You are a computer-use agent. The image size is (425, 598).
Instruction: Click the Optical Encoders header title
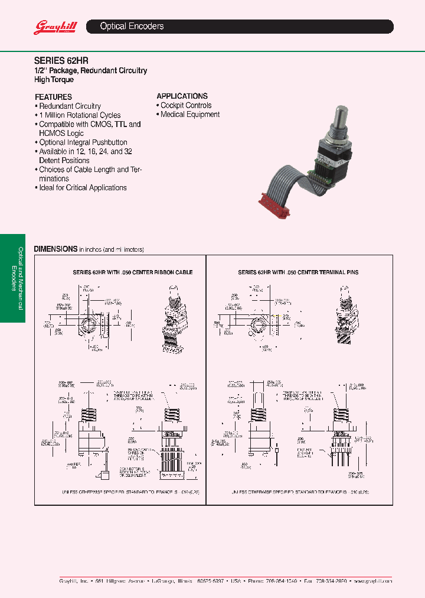point(132,27)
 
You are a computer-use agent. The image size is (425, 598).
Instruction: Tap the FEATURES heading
point(53,97)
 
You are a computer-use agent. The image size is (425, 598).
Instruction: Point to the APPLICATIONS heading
point(182,96)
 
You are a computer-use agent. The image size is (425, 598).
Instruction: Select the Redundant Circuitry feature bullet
point(70,106)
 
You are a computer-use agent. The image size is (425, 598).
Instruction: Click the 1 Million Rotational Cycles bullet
point(80,115)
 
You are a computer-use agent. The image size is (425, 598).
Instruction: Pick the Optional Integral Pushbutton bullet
point(83,142)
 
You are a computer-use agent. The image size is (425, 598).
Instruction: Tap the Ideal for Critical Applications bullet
point(83,188)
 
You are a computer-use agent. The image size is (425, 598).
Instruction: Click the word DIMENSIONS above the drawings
point(55,249)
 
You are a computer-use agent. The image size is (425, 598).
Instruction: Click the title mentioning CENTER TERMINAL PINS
point(298,272)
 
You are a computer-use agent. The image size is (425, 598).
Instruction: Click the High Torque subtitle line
point(54,79)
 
